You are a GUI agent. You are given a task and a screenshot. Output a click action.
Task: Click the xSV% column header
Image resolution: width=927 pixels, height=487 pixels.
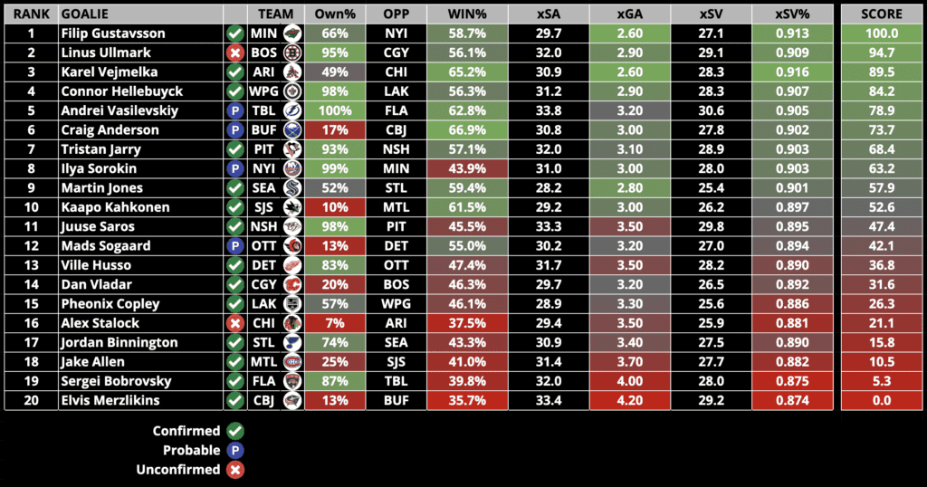click(792, 14)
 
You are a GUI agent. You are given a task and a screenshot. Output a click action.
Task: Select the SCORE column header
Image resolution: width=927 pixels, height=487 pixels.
click(882, 14)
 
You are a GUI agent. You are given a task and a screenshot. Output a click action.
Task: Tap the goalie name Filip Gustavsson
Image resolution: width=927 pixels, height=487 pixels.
click(113, 33)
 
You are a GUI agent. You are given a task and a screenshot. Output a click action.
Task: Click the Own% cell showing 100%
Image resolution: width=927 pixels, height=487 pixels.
click(334, 110)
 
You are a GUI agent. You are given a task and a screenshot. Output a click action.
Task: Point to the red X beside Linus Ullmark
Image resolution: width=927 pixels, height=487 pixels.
click(235, 53)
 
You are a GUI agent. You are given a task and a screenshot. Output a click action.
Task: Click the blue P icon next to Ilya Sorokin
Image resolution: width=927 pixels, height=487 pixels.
click(235, 168)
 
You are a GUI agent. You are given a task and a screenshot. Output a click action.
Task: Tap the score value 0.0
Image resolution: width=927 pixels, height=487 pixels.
click(882, 400)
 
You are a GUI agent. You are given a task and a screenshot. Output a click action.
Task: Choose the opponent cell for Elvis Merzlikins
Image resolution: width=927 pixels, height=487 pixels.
click(396, 400)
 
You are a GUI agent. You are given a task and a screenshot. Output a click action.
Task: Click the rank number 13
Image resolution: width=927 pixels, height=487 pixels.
click(30, 265)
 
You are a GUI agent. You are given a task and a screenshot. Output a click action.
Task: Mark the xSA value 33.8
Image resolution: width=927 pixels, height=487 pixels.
click(549, 110)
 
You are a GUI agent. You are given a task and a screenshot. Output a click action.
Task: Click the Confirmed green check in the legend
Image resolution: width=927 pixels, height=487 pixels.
click(235, 431)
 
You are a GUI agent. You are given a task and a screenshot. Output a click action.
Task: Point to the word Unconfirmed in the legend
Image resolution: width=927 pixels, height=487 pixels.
click(177, 470)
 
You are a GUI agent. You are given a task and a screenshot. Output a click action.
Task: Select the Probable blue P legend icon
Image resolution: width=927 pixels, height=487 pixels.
click(235, 450)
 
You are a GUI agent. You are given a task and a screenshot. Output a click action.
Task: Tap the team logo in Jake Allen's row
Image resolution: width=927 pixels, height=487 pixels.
click(291, 362)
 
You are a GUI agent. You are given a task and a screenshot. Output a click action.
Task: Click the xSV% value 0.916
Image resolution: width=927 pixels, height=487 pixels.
click(792, 72)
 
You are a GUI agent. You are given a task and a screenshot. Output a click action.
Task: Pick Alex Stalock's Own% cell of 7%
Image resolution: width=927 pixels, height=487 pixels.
click(334, 323)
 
